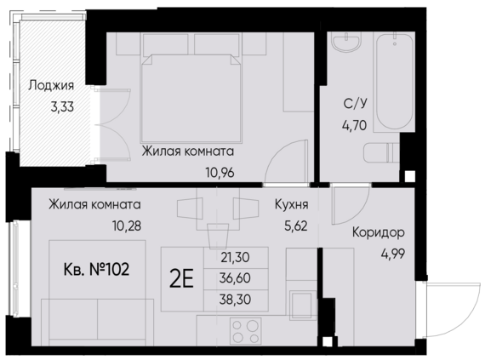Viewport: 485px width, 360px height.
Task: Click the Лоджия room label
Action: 51,86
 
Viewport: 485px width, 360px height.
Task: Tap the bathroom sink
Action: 345,48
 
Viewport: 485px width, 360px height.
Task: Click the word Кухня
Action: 291,205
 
